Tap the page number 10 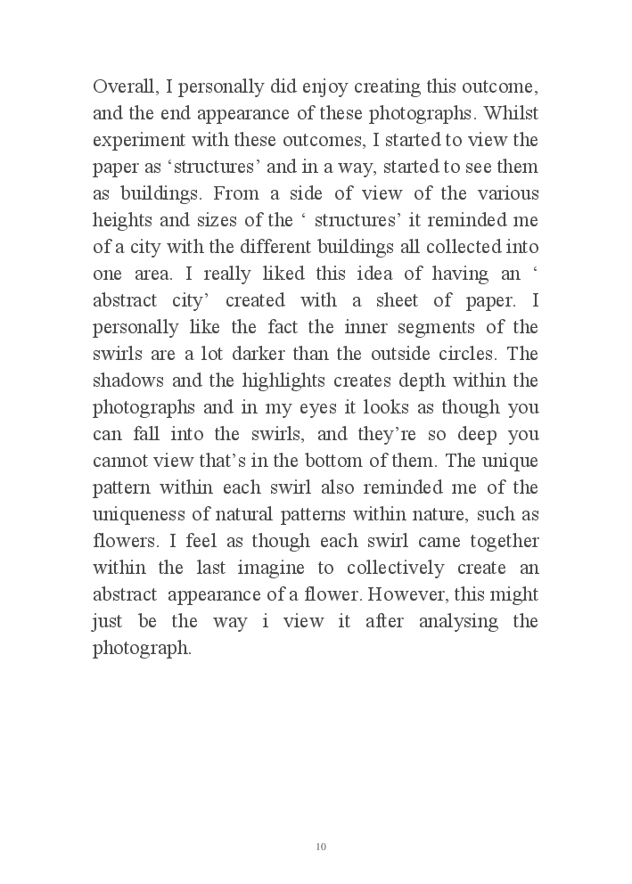pyautogui.click(x=321, y=846)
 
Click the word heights pyautogui.click(x=118, y=221)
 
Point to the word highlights pyautogui.click(x=253, y=381)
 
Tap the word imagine pyautogui.click(x=277, y=569)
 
